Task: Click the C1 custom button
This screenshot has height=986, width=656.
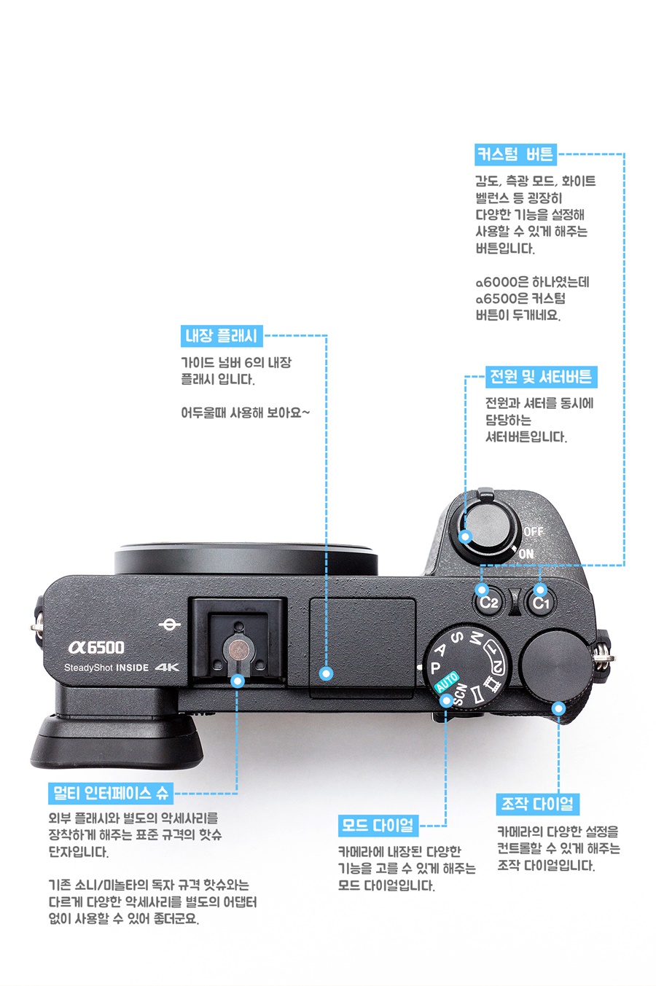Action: [x=541, y=601]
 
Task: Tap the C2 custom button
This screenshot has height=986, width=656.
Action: [x=488, y=601]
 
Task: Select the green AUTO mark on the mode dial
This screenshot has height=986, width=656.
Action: [x=447, y=682]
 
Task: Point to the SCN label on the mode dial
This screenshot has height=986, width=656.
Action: [x=459, y=694]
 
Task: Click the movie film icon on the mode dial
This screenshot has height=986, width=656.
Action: [x=491, y=684]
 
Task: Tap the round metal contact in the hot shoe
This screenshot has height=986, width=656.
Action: [x=238, y=649]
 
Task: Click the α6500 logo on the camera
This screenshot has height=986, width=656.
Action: [x=96, y=647]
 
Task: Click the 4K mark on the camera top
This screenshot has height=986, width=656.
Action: [x=168, y=668]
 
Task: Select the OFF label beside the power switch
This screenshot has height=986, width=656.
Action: [x=533, y=531]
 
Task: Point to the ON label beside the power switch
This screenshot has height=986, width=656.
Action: [x=526, y=554]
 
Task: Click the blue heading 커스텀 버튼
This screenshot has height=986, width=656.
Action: [x=515, y=154]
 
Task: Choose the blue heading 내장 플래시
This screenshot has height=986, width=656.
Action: [x=222, y=336]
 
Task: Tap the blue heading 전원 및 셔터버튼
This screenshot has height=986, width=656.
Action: [x=541, y=377]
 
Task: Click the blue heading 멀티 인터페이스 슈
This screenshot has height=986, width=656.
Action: [x=111, y=793]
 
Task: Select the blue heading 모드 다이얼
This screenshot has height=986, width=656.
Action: [x=378, y=826]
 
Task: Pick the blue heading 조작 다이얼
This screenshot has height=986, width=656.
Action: [x=538, y=805]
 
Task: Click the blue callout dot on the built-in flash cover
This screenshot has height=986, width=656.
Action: [x=326, y=673]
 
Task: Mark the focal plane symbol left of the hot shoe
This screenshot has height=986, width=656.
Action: [x=170, y=625]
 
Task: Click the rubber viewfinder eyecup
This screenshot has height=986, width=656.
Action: [x=117, y=740]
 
